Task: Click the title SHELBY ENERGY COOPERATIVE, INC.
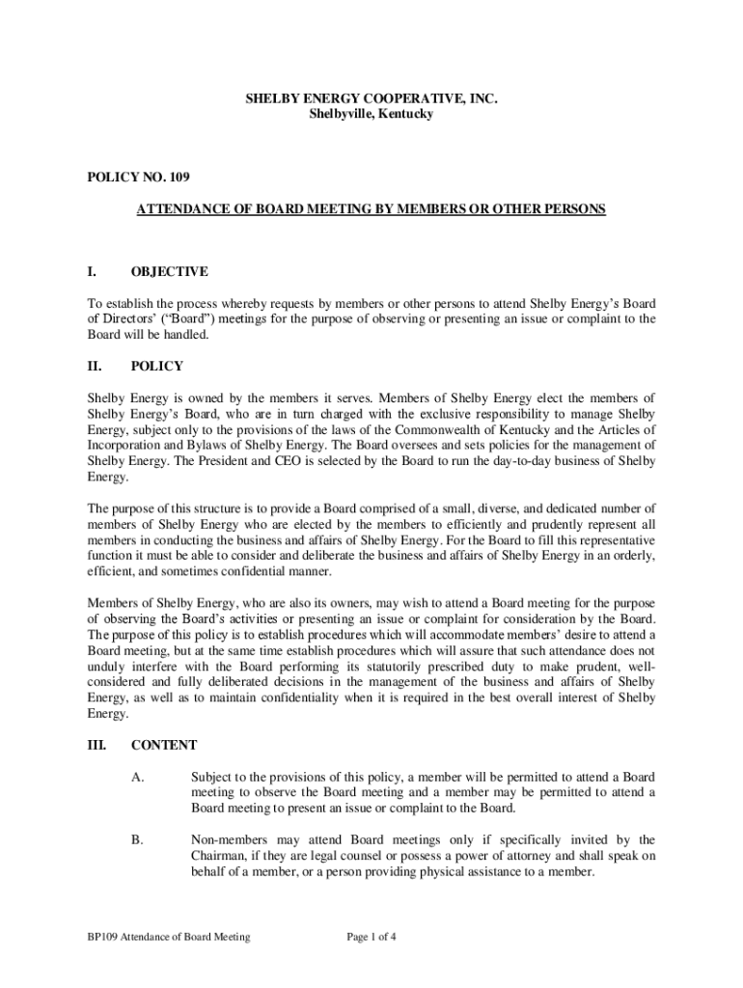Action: [x=371, y=98]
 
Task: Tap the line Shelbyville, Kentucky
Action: [x=371, y=115]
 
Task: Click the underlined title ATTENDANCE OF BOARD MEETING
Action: [x=371, y=208]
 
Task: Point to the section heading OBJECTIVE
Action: [x=169, y=272]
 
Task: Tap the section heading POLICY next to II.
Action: [x=157, y=367]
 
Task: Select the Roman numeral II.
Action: [x=96, y=367]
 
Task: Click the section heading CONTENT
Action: [x=164, y=745]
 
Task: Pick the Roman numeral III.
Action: [x=98, y=745]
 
